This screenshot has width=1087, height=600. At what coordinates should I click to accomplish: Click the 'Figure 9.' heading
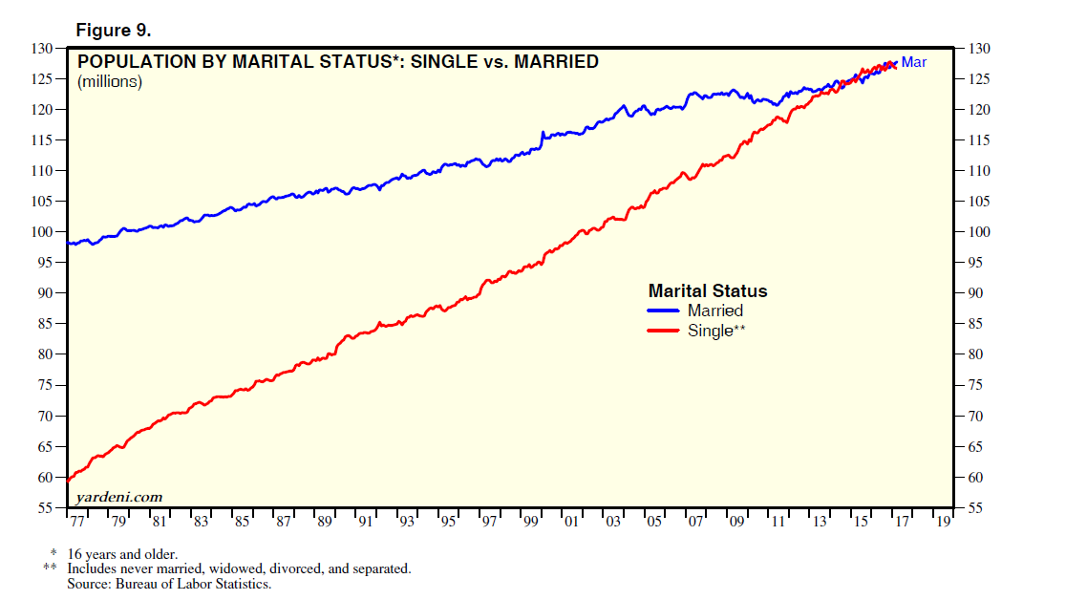[113, 30]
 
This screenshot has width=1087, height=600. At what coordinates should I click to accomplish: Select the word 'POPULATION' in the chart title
[131, 62]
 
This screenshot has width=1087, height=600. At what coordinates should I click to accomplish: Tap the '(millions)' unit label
[110, 82]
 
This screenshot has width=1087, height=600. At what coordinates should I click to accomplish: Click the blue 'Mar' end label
[914, 62]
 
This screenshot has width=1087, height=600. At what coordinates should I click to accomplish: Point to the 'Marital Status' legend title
[708, 290]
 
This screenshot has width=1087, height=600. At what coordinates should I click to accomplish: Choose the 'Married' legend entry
[715, 311]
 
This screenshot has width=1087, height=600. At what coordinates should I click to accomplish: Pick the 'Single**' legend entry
[716, 331]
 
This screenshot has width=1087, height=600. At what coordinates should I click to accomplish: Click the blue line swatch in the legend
[664, 311]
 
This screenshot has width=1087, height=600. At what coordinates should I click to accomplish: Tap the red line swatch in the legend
[664, 331]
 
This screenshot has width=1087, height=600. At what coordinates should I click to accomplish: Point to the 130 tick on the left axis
[42, 49]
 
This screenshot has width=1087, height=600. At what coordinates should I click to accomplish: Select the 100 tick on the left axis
[42, 232]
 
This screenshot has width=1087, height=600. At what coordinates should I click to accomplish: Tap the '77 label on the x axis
[76, 523]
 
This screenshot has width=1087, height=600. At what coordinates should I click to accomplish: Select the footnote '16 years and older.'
[122, 554]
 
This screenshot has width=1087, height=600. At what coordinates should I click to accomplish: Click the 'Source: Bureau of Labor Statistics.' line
[169, 584]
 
